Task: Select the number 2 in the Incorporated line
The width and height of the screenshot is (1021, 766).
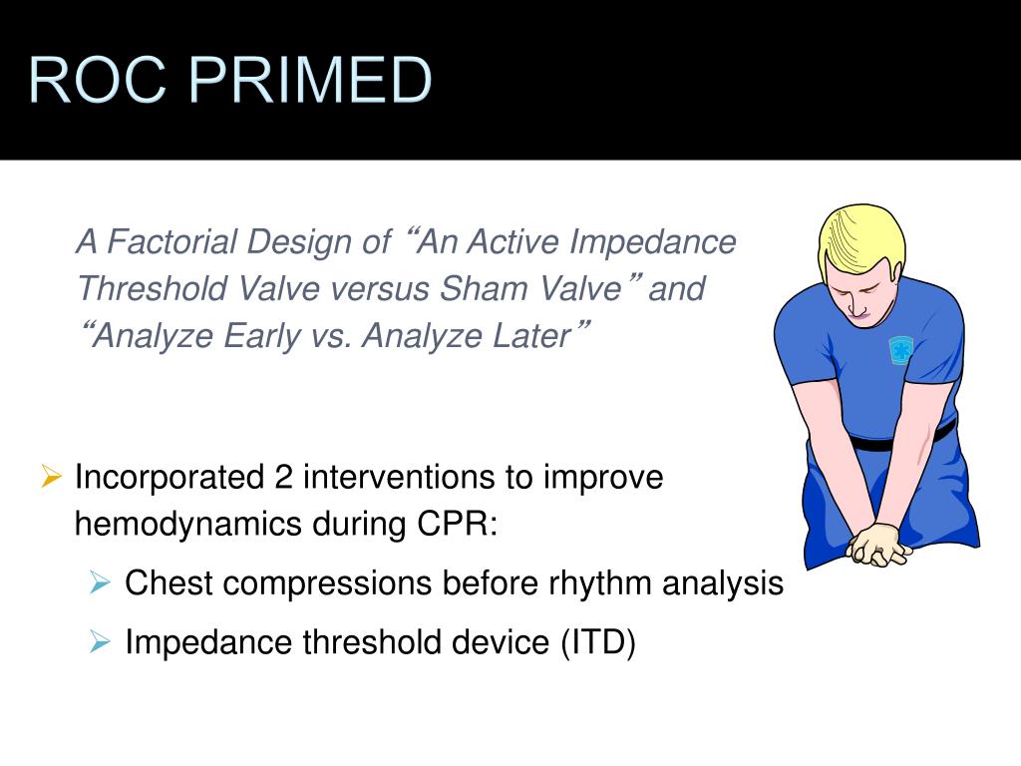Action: click(283, 478)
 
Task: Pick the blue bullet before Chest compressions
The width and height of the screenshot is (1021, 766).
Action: click(100, 583)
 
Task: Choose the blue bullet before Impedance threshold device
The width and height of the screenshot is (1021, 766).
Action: click(100, 643)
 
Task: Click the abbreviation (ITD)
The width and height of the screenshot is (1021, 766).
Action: click(596, 643)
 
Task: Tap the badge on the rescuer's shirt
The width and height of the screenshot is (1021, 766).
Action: click(901, 349)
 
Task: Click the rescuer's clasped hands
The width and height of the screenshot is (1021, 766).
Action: click(877, 544)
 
